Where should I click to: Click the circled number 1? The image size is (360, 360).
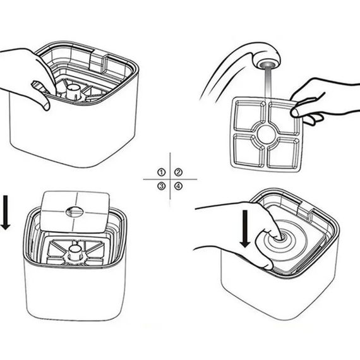[162, 172]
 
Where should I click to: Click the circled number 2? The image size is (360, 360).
[178, 172]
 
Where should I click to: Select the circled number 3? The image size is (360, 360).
[162, 186]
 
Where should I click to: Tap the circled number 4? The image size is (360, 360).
[178, 186]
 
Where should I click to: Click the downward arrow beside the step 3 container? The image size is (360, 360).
[5, 212]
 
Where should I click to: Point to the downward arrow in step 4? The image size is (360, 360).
[245, 229]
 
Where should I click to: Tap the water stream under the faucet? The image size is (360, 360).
[268, 83]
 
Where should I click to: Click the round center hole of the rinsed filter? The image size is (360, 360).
[266, 135]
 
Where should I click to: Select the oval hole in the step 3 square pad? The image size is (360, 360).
[75, 212]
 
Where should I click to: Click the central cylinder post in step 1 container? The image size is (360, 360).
[73, 92]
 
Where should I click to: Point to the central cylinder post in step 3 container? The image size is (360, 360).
[75, 253]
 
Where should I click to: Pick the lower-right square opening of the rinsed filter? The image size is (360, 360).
[283, 152]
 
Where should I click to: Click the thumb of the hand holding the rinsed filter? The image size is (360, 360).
[305, 112]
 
